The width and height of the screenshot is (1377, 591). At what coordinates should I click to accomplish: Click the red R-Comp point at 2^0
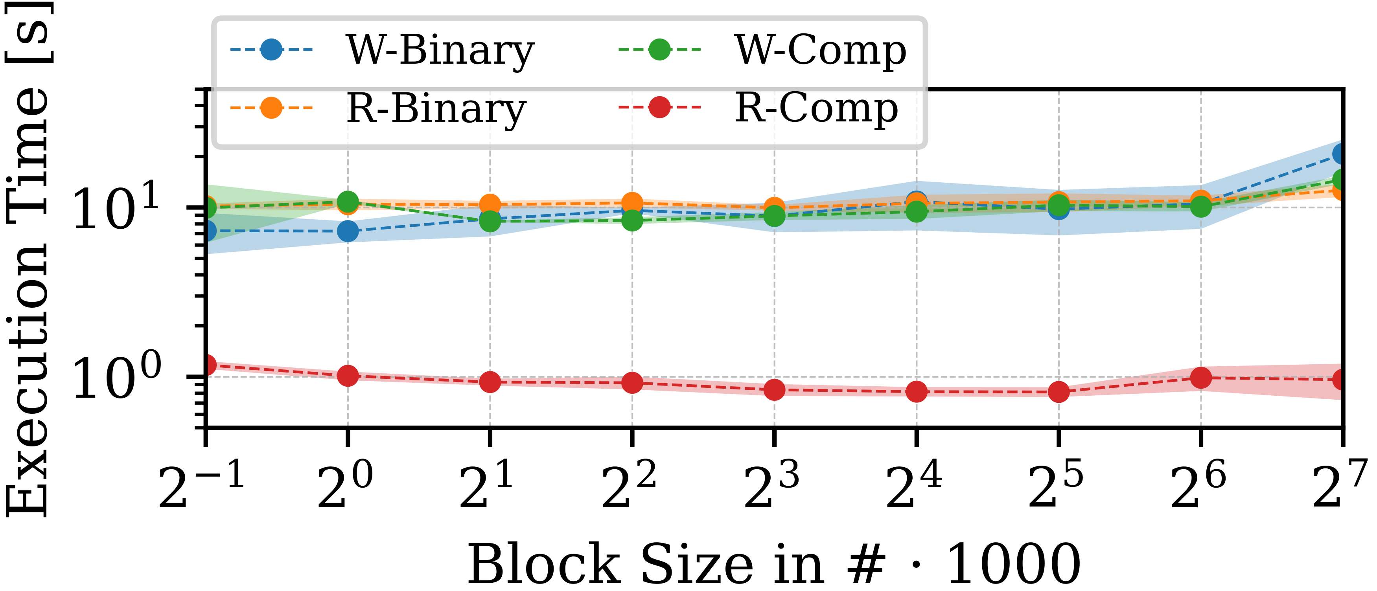pos(348,376)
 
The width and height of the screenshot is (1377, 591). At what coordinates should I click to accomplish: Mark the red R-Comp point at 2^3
pos(775,390)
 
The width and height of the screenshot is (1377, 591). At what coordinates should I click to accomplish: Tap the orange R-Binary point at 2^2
pos(632,204)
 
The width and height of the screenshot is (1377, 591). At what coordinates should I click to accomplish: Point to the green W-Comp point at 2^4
pos(917,212)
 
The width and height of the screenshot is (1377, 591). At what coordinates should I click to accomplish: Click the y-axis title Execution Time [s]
pos(28,259)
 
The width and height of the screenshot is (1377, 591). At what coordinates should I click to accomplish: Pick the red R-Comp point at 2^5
pos(1059,392)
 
